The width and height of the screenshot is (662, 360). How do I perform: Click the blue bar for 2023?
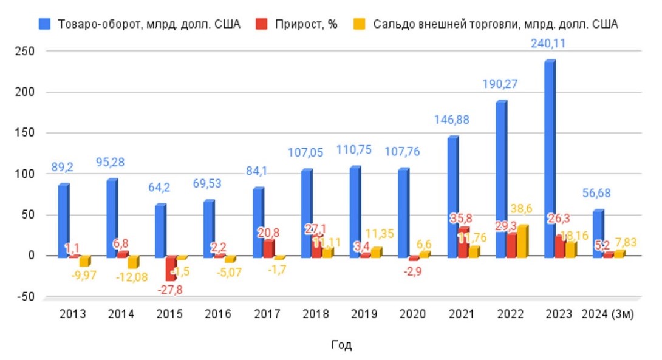coord(549,158)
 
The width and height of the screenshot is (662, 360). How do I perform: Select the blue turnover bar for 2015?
coord(160,231)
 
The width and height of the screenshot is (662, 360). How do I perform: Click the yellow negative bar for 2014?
coord(132,262)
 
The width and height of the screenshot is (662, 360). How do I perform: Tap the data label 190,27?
coord(502,84)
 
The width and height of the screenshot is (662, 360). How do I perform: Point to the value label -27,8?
coord(170,290)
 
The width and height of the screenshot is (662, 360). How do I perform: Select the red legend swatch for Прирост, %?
coord(261,24)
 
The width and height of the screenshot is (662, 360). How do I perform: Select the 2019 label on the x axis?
coord(364,314)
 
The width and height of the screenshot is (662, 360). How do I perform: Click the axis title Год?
coord(341,345)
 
